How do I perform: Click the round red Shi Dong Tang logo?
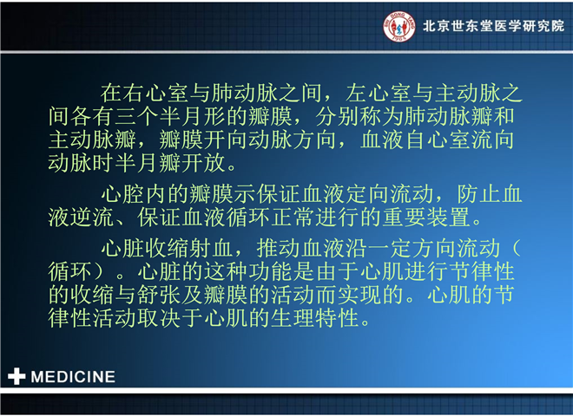pos(399,26)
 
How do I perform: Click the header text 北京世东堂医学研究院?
pos(493,26)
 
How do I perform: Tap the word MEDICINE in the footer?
pos(73,377)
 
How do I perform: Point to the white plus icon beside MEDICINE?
pos(16,377)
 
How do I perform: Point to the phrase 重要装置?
pos(426,218)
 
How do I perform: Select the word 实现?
pos(359,296)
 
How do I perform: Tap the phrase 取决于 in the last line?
pos(170,319)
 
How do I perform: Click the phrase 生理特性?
pos(315,319)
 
